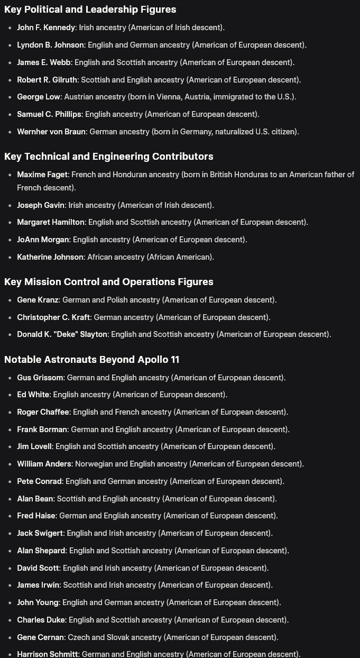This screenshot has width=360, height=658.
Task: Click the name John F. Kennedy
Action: tap(46, 28)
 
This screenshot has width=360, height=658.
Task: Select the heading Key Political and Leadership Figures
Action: tap(90, 10)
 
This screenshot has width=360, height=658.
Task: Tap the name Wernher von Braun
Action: tap(51, 132)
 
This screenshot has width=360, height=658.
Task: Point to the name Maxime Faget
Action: tap(42, 175)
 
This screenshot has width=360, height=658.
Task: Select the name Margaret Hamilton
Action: tap(51, 222)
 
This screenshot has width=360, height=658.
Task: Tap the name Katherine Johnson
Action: tap(50, 257)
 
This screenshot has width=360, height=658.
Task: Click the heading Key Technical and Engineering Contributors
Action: tap(108, 157)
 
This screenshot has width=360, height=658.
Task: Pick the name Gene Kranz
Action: tap(38, 300)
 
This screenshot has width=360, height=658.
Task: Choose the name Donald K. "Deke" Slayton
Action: tap(62, 334)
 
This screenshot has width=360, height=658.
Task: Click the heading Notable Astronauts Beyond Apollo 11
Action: tap(91, 360)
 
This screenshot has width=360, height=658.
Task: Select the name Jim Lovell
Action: tap(34, 446)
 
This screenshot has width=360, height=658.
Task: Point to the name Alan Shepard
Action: tap(41, 551)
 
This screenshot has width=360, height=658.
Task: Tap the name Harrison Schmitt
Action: tap(48, 654)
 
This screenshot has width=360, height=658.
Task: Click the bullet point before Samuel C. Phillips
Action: tap(10, 114)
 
